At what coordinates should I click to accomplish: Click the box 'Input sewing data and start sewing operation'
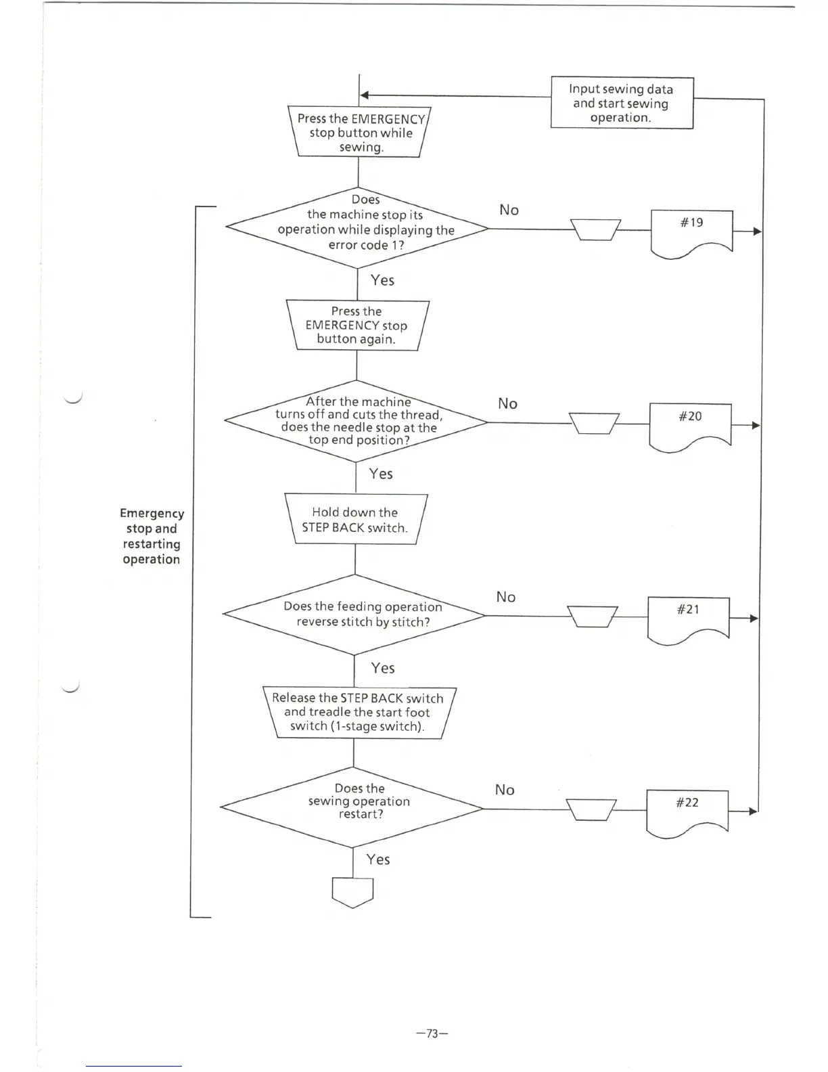click(622, 103)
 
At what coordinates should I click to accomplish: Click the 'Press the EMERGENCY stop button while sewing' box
click(360, 133)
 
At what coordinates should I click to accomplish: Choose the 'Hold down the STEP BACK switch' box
click(356, 520)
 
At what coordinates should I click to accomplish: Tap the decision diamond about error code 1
click(357, 228)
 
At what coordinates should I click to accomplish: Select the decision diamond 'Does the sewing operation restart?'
click(352, 807)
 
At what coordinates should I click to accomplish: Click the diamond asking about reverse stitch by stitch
click(354, 615)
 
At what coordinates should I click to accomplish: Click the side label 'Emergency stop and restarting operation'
click(152, 536)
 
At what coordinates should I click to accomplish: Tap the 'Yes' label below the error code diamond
click(382, 280)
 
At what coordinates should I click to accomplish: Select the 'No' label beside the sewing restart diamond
click(505, 790)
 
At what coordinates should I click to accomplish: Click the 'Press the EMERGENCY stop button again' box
click(357, 326)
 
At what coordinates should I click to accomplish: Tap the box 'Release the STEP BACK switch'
click(359, 713)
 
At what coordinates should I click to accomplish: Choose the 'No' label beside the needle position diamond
click(507, 403)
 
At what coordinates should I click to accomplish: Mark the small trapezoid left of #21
click(592, 617)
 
